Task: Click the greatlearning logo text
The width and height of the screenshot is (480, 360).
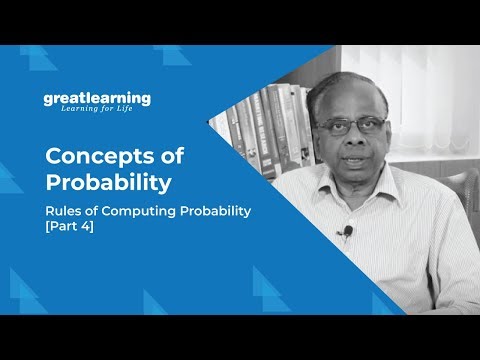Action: tap(97, 98)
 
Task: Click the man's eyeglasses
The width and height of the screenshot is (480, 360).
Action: tap(351, 127)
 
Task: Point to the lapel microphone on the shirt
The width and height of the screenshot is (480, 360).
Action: tap(346, 233)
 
